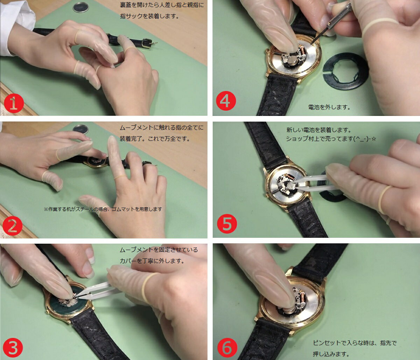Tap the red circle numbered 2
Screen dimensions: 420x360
12,226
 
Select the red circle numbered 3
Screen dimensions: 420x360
13,348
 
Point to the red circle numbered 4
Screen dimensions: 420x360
226,101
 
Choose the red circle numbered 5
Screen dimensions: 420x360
227,224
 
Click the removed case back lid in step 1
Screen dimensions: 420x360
81,7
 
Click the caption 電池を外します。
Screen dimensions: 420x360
329,107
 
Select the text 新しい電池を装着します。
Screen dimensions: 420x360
316,130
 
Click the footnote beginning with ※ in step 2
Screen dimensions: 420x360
103,209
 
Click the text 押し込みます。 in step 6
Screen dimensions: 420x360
331,354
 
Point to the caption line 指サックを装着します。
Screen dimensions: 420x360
149,16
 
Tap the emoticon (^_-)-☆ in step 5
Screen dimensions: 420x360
365,139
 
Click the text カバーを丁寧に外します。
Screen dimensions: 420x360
152,261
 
